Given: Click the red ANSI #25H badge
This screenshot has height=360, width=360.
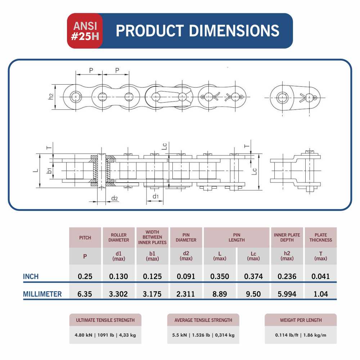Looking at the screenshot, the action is [85, 31].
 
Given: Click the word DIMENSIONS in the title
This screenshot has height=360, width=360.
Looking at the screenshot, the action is [234, 31].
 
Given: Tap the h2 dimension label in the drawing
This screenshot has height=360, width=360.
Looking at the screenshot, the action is [51, 96].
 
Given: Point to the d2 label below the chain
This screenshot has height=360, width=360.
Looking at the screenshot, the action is [114, 198].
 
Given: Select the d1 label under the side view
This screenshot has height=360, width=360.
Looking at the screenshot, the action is [156, 196].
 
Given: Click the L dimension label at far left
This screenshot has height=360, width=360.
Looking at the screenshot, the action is [36, 170].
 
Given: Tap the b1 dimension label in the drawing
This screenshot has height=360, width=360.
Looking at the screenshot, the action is [49, 170].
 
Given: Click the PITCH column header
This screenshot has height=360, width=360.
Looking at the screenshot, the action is [85, 238].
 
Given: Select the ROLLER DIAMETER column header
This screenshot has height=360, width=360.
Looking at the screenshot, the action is [118, 237].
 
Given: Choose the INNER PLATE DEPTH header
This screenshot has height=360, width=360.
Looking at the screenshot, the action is [287, 237].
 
